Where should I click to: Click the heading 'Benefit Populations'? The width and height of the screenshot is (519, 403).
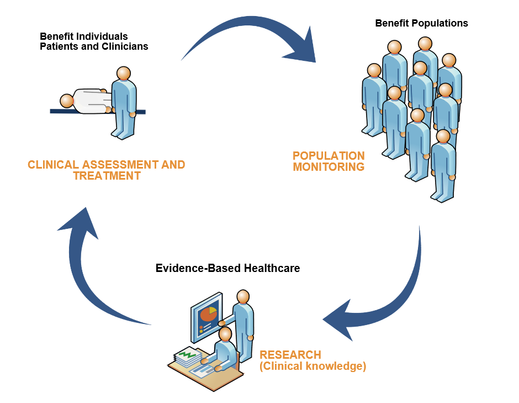tap(421, 23)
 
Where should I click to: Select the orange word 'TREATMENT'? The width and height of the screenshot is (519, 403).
tap(107, 176)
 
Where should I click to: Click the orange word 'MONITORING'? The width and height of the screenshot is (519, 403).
tap(329, 166)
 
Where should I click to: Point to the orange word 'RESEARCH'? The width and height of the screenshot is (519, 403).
tap(290, 355)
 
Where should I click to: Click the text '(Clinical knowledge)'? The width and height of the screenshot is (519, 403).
tap(313, 366)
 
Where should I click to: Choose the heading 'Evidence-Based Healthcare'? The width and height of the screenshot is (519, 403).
tap(227, 268)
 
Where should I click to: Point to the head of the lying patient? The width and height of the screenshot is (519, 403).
tap(67, 101)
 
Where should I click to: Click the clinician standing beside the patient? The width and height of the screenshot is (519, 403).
tap(124, 102)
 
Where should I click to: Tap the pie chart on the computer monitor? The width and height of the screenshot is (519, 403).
tap(209, 313)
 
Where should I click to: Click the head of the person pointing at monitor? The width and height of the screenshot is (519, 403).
tap(243, 296)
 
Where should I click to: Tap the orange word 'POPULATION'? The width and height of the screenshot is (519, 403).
tap(329, 156)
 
